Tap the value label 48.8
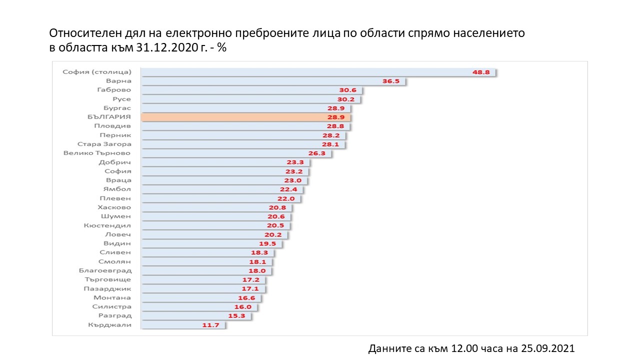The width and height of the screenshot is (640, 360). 481,72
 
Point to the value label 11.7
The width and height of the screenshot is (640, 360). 210,325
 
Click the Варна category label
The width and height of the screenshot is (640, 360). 118,81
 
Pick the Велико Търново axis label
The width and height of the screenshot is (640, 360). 97,153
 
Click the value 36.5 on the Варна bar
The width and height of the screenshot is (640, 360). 391,81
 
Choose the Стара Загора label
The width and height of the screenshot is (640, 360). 104,144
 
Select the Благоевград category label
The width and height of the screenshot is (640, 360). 105,270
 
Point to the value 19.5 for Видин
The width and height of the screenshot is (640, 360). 268,243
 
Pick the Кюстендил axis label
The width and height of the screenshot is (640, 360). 107,225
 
